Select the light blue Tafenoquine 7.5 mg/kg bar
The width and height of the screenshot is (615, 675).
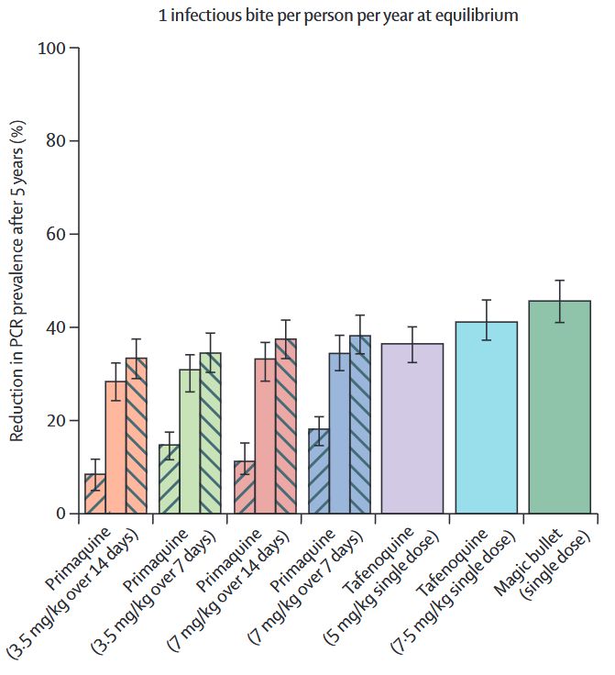tap(486, 417)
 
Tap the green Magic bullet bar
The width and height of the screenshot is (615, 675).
tap(560, 407)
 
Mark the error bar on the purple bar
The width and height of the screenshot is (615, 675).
tap(412, 344)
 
